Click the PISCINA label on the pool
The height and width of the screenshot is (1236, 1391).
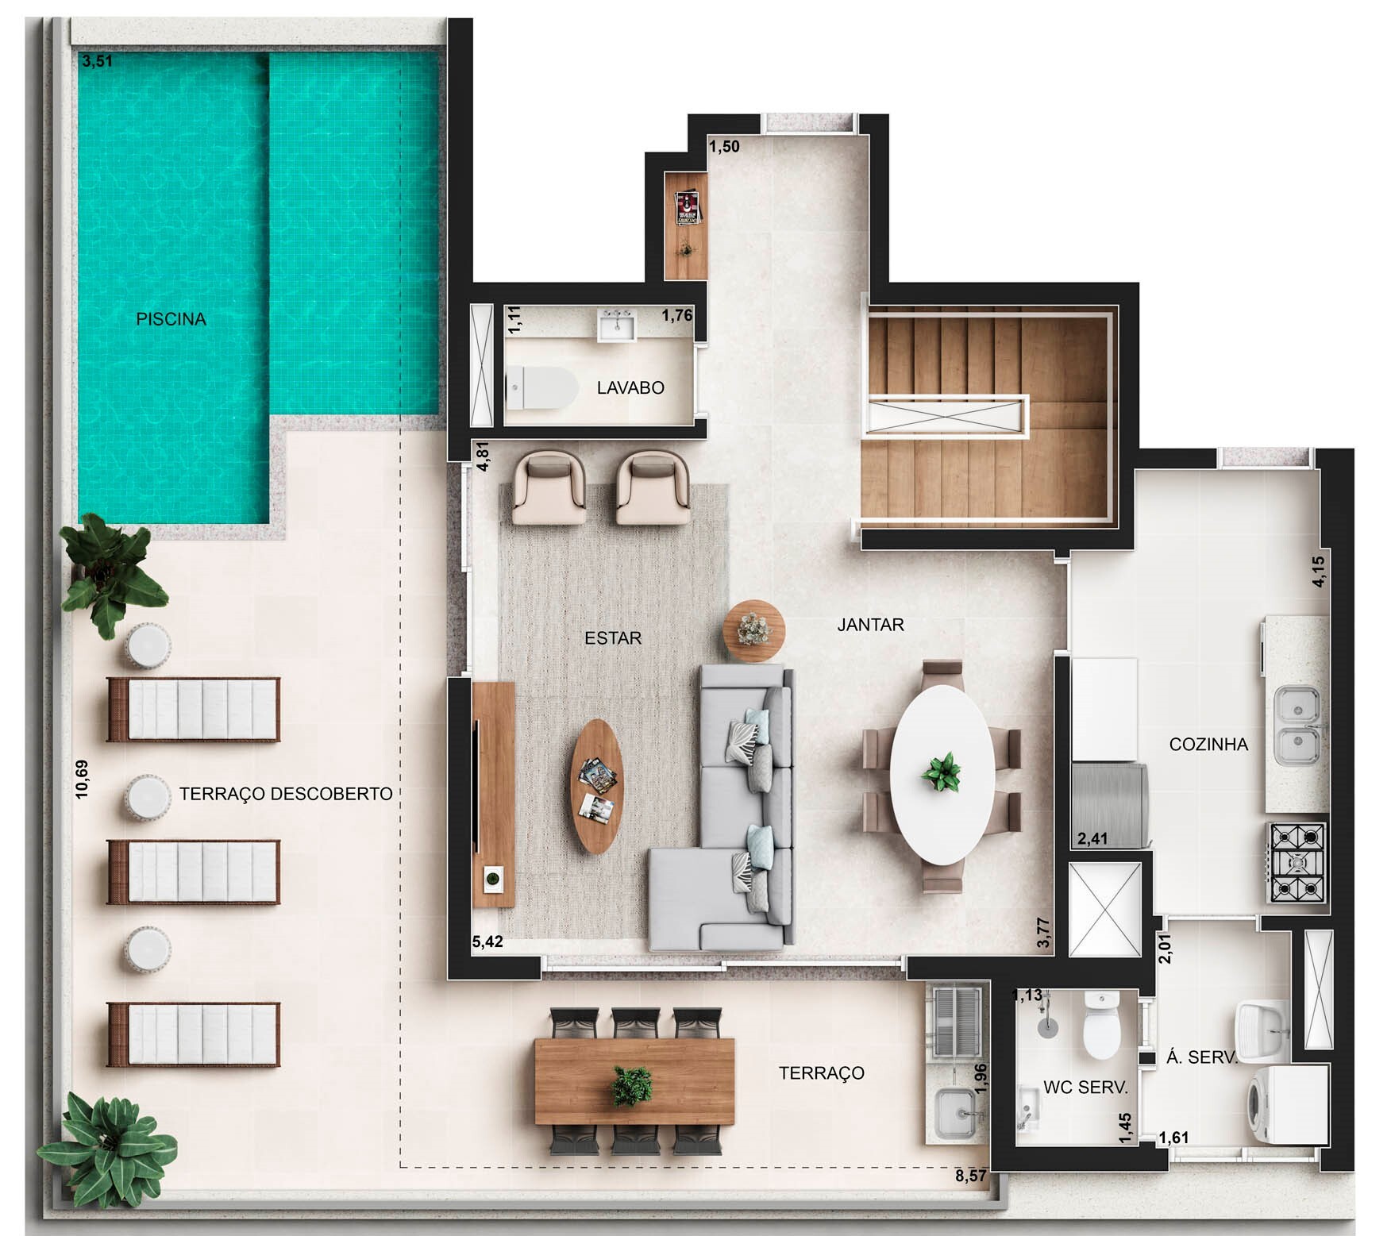click(171, 319)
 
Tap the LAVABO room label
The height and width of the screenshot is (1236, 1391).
click(630, 388)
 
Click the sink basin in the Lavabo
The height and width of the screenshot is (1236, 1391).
click(616, 326)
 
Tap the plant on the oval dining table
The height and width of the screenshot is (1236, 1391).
click(942, 771)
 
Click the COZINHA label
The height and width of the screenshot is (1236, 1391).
click(1208, 745)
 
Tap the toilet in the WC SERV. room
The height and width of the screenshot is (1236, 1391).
click(1101, 1028)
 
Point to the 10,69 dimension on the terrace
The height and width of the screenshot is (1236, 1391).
click(83, 779)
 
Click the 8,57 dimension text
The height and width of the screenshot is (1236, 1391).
click(971, 1176)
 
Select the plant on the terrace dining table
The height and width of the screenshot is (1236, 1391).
click(632, 1086)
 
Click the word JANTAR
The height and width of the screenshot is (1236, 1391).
click(870, 625)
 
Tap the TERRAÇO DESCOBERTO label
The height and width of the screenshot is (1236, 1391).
click(286, 794)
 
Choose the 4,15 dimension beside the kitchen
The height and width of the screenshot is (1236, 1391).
click(1318, 571)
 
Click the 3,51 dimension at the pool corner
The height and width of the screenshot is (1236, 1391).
click(97, 61)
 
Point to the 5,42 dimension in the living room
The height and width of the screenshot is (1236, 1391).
click(487, 942)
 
